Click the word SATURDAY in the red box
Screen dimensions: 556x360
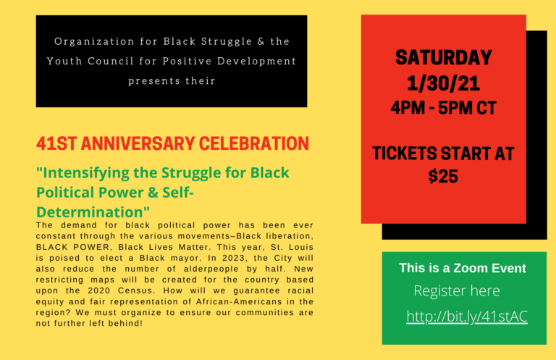coord(443,58)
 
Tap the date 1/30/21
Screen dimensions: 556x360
coord(443,84)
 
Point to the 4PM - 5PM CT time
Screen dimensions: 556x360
coord(443,108)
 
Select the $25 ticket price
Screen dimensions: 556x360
coord(443,176)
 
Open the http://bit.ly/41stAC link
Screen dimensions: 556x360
coord(467,317)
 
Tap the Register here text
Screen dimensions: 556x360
coord(457,291)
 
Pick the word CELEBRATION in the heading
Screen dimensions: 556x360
coord(254,143)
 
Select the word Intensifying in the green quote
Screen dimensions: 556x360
coord(83,173)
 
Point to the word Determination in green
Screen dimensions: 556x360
coord(89,212)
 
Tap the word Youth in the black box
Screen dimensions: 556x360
coord(64,61)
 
